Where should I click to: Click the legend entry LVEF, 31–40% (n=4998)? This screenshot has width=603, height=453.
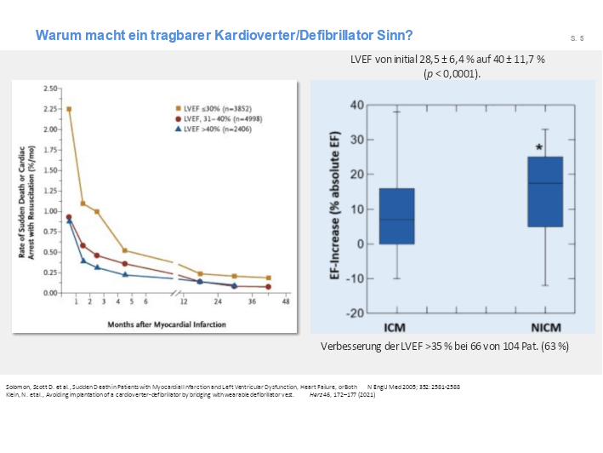[219, 118]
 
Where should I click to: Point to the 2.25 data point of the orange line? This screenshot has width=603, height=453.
[68, 109]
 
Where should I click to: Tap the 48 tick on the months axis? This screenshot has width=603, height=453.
[287, 301]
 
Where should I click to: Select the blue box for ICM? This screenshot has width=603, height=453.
[396, 216]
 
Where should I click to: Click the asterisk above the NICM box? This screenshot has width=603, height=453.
[539, 147]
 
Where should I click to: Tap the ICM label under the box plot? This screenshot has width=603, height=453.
[396, 324]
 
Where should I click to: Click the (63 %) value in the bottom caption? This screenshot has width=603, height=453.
[553, 347]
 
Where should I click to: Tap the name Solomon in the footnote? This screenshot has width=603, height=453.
[18, 387]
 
